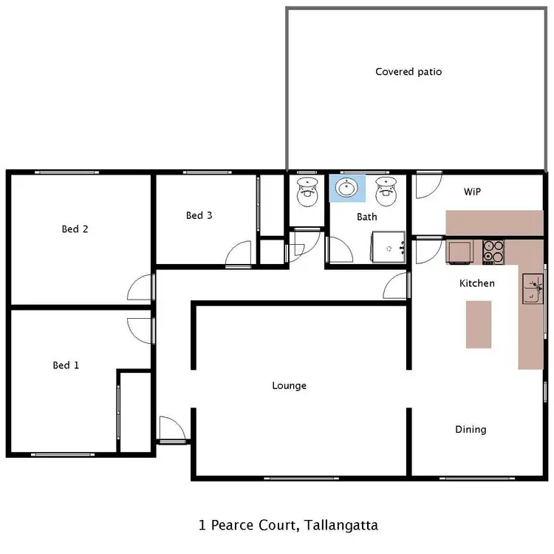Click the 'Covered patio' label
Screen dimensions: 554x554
[x=408, y=72]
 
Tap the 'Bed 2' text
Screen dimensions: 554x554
[x=75, y=229]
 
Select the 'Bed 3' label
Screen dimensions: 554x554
[x=199, y=216]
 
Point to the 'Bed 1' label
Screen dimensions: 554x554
[x=66, y=365]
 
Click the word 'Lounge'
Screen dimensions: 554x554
[x=289, y=385]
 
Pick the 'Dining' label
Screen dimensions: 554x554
[x=471, y=429]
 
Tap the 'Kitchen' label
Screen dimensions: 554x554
[x=477, y=283]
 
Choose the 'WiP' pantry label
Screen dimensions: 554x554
[x=472, y=192]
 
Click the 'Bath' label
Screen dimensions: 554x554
[x=367, y=217]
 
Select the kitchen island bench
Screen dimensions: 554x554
[x=479, y=324]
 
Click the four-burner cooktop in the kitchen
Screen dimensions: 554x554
[x=493, y=252]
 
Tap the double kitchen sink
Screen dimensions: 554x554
[x=532, y=289]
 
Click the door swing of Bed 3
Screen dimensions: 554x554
[x=240, y=254]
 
